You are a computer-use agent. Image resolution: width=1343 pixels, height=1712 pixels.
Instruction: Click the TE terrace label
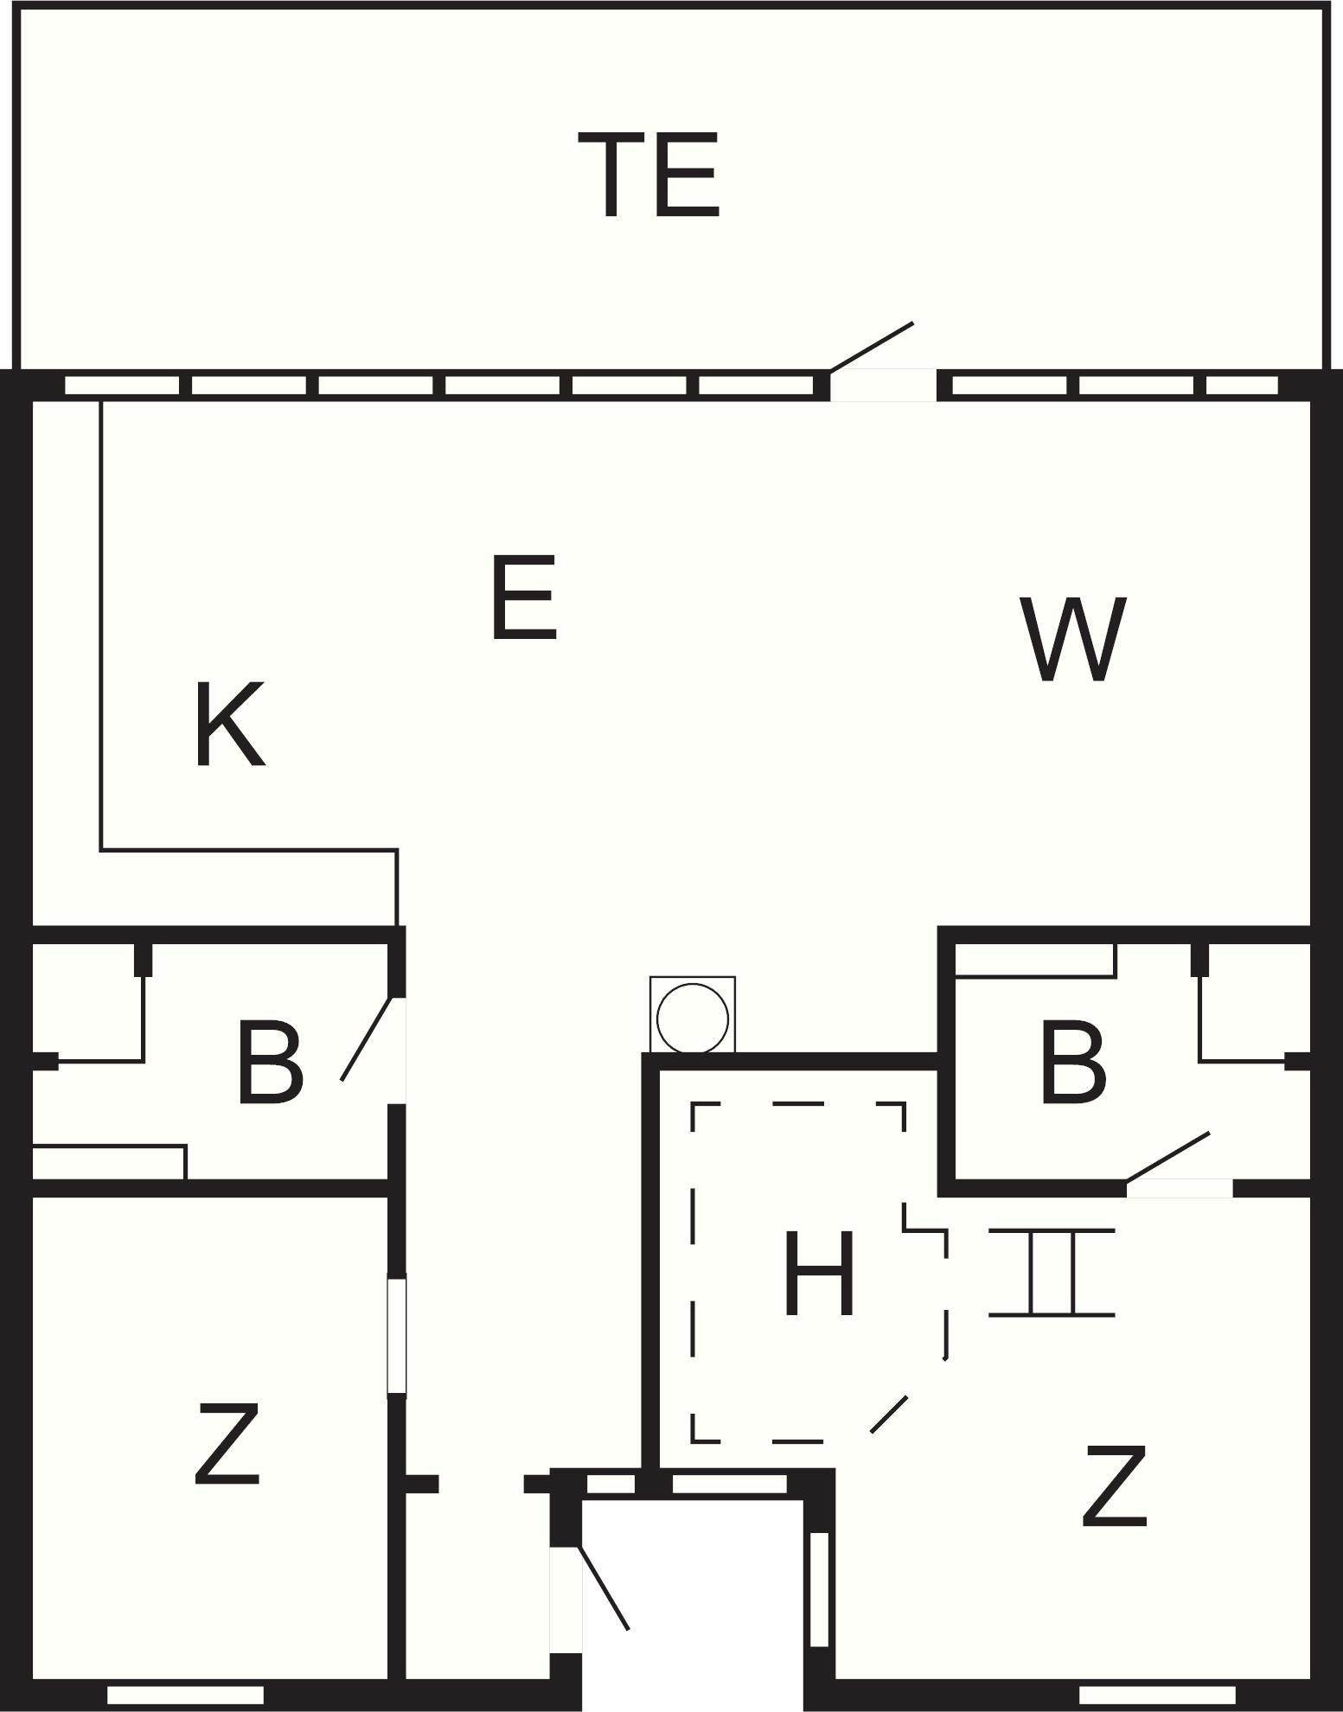[649, 175]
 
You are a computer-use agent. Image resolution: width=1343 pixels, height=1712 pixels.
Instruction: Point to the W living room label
[1073, 639]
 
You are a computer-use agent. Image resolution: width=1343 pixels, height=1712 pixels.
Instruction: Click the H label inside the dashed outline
[818, 1274]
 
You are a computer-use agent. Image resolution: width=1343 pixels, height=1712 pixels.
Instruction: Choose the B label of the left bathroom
[270, 1063]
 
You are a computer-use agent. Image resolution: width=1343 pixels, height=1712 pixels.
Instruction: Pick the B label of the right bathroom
[1073, 1063]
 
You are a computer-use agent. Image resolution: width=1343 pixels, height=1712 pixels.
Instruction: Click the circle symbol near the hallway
[693, 1018]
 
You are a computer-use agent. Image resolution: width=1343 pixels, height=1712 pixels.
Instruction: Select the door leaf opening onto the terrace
[872, 347]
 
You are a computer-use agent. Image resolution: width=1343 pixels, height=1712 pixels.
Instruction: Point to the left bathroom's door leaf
[368, 1038]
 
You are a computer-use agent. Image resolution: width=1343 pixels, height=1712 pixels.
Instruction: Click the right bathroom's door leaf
[1167, 1156]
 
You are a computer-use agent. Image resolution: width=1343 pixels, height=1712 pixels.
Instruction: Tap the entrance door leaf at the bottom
[603, 1587]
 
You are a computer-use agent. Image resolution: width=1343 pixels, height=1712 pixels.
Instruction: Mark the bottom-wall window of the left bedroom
[185, 1695]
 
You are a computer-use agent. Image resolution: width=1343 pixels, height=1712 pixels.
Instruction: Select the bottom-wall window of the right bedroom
[1157, 1695]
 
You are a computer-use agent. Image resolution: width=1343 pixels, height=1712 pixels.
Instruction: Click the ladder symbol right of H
[1052, 1272]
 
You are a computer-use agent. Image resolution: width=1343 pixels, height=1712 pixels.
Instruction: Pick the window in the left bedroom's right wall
[396, 1335]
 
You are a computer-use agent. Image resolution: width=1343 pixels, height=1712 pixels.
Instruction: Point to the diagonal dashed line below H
[889, 1415]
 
